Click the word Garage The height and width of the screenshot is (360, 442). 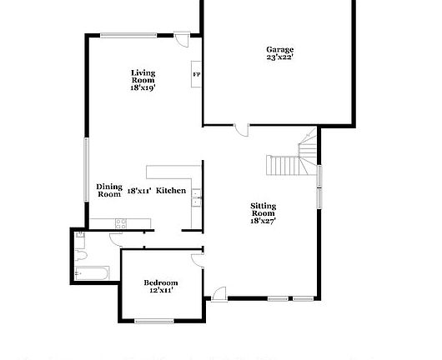279,50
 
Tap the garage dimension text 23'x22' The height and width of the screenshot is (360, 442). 279,57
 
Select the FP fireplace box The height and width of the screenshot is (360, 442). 197,74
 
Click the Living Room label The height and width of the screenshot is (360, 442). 143,77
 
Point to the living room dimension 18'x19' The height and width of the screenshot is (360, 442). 143,87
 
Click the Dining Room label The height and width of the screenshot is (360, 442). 109,190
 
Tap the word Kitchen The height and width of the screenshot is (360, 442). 171,191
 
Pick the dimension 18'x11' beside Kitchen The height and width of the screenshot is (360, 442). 138,191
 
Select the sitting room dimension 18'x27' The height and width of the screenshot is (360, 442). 264,221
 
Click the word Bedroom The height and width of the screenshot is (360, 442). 160,282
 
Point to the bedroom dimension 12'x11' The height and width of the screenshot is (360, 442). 160,291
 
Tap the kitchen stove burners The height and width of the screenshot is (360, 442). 120,222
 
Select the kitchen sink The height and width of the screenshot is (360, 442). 196,197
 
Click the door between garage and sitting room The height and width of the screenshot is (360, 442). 241,129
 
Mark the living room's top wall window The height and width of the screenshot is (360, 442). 128,34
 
